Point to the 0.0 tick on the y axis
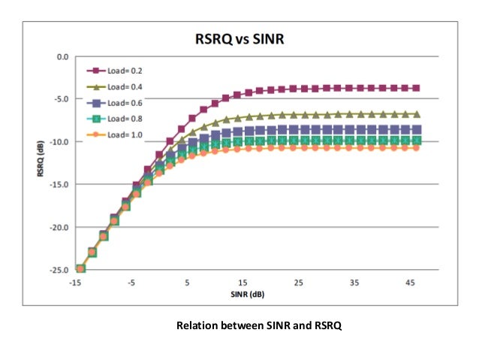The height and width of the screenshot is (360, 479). pos(62,56)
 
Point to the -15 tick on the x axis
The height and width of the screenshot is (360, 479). pos(75,283)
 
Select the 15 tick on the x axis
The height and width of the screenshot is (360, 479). pos(243,283)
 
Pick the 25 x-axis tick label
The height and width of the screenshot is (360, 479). pos(299,283)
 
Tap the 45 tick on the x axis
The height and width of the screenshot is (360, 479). pos(411,283)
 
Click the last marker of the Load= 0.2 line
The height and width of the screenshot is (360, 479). pos(416,88)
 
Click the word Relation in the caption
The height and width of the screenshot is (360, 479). pos(197,325)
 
